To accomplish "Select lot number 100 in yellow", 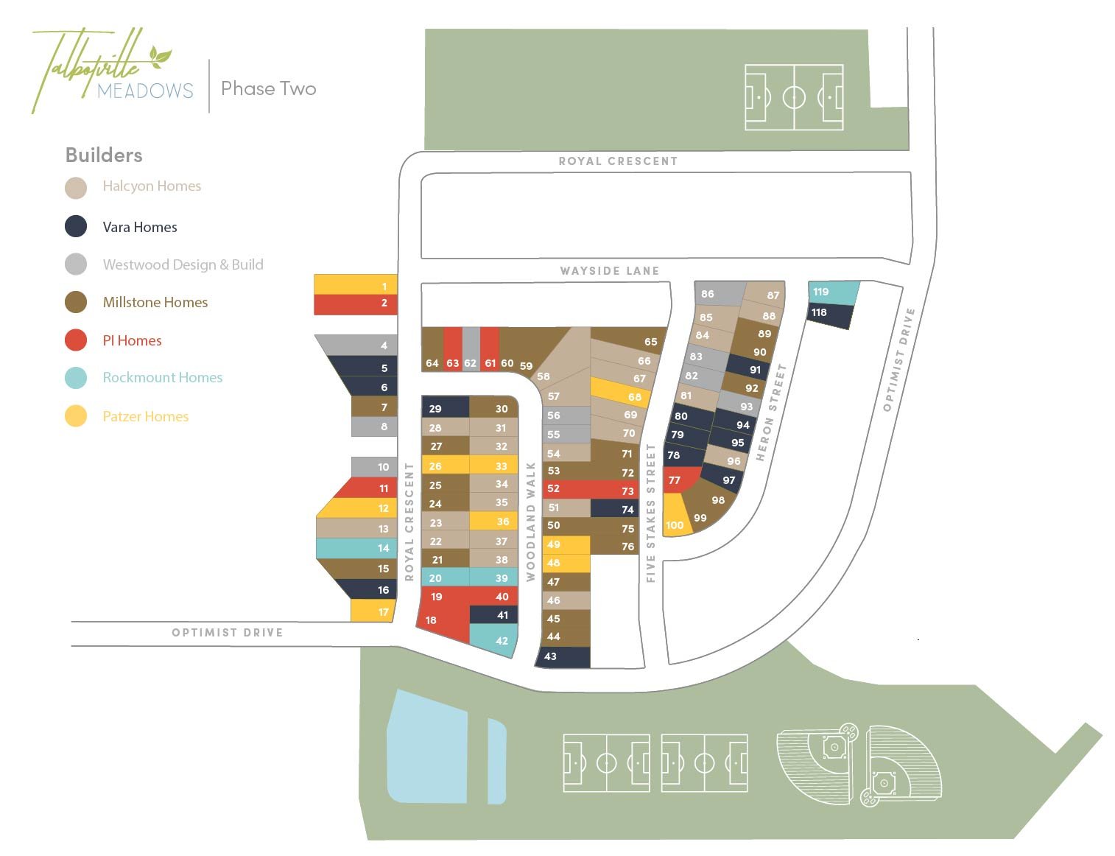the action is [675, 519].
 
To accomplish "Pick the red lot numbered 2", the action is [356, 304].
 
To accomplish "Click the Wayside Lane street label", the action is [609, 270].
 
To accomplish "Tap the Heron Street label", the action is [771, 413].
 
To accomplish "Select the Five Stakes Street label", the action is [650, 513].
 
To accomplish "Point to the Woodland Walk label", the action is [530, 522].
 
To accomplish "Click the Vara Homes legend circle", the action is [76, 226].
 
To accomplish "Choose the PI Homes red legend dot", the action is [76, 340].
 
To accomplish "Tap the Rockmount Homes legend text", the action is [162, 377].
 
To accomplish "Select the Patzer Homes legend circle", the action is [76, 416].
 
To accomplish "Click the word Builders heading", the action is [104, 155].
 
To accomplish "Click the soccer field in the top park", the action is [793, 97].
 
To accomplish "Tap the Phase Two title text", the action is [268, 88].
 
